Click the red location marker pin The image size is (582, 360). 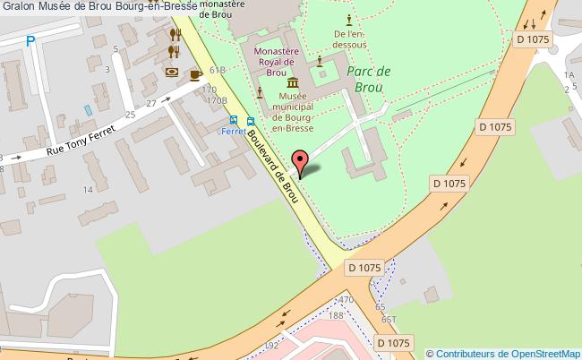point(301,165)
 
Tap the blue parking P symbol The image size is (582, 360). point(31,40)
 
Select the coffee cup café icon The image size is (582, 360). point(195,75)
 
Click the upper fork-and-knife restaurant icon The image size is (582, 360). point(175,35)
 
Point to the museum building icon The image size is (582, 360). point(293,83)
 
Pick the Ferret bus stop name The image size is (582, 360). point(234,132)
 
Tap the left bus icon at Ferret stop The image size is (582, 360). point(234,120)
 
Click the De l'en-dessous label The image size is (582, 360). point(348,35)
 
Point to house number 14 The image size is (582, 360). point(88,190)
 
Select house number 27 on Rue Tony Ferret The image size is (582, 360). point(151,103)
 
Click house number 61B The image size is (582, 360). point(216,69)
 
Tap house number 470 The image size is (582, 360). point(347,299)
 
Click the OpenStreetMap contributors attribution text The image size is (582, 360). point(503,353)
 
